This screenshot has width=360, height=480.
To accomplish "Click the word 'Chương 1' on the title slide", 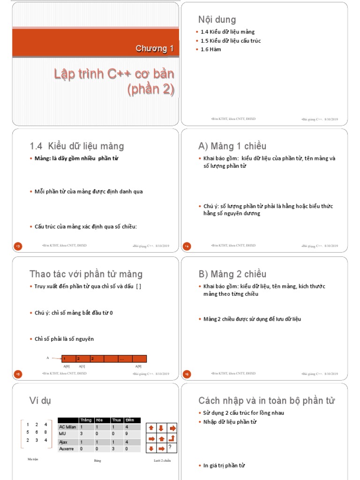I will (x=155, y=48).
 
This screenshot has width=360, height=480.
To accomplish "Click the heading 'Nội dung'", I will (x=217, y=20).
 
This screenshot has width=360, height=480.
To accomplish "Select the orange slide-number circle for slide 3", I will (x=18, y=246).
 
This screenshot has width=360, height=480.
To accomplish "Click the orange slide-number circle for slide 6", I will (x=187, y=374).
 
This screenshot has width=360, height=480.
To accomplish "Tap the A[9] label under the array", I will (x=139, y=366).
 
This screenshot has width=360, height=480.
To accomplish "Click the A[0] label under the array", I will (x=67, y=366).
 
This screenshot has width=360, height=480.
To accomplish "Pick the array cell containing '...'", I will (x=125, y=359).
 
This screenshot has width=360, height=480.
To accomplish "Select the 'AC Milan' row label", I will (x=67, y=427).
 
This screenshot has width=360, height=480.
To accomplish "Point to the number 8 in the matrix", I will (x=45, y=432).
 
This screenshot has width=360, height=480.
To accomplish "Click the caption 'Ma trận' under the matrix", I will (x=33, y=459).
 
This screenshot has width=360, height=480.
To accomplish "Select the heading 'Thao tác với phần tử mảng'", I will (x=86, y=274).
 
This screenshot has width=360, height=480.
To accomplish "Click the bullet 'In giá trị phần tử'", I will (x=224, y=465).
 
